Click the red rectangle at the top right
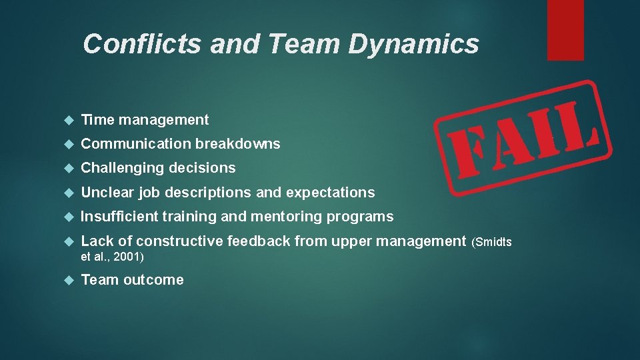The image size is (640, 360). coord(565,30)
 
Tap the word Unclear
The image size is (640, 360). coord(107,193)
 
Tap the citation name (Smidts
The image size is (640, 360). coord(492,242)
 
